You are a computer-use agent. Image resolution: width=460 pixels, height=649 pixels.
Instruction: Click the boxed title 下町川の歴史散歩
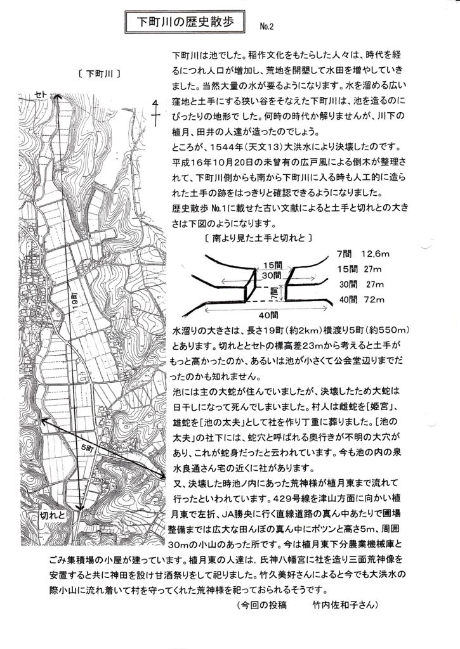click(185, 22)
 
